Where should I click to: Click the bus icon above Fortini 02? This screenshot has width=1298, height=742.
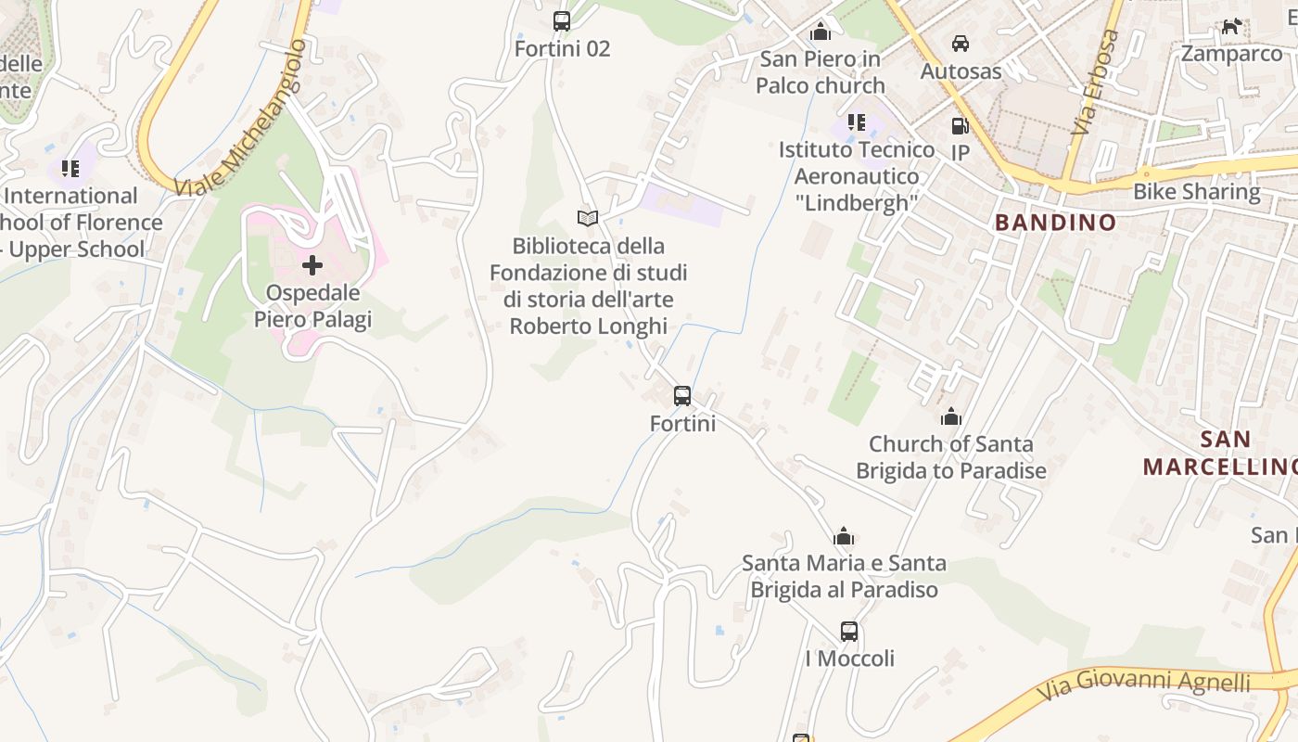561,20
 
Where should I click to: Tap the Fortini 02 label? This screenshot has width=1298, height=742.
562,48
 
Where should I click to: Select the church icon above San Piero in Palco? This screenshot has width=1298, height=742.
820,32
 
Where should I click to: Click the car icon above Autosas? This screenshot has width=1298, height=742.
961,43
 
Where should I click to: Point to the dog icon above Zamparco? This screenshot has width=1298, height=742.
1231,26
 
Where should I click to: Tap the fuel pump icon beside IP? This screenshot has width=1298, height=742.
960,126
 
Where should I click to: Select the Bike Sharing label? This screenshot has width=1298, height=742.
1197,192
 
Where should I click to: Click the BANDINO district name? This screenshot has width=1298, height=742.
1055,223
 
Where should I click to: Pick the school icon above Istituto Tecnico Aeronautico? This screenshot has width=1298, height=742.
857,122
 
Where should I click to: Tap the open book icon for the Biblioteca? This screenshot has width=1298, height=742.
588,218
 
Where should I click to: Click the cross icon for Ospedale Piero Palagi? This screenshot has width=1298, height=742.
312,265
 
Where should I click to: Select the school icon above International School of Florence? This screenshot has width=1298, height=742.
70,168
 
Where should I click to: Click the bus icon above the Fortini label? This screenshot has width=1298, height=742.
682,396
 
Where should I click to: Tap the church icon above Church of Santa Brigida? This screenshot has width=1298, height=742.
950,416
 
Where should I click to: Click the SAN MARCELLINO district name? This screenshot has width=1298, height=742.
1218,453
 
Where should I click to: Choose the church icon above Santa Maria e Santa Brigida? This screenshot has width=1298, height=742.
844,536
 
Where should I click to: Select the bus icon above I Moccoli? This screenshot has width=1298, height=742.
848,632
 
